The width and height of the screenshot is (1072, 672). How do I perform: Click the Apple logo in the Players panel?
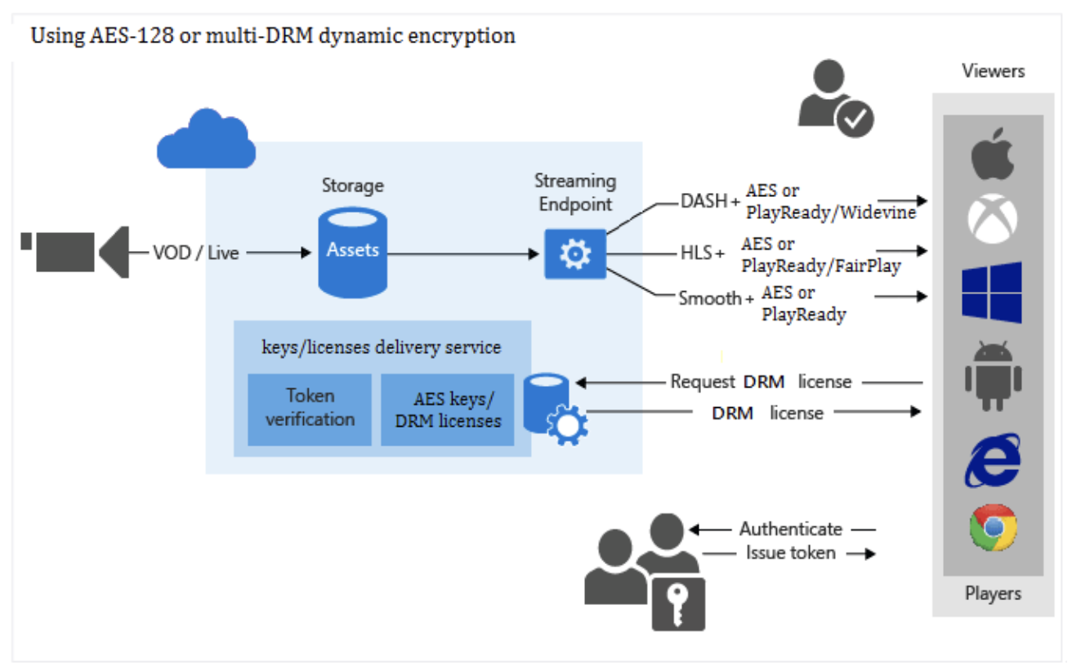tap(992, 154)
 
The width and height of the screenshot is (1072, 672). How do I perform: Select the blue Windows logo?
tap(992, 292)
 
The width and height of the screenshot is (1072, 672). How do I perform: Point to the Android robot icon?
tap(992, 375)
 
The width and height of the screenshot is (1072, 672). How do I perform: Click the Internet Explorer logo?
tap(992, 460)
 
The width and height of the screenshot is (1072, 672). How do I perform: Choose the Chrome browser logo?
tap(993, 527)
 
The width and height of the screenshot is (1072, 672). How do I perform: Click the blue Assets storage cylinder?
tap(352, 252)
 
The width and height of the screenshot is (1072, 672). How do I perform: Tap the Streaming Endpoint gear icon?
tap(574, 254)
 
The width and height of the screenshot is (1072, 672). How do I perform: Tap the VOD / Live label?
tap(195, 253)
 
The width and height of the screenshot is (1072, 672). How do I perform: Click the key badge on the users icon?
tap(677, 603)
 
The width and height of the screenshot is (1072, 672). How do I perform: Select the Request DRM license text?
tap(760, 382)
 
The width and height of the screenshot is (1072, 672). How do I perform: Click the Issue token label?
tap(790, 553)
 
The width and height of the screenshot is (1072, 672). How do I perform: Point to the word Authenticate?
tap(790, 529)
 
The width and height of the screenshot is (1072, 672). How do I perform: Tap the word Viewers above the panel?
tap(993, 71)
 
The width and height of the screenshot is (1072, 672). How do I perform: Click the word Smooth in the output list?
tap(708, 298)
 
